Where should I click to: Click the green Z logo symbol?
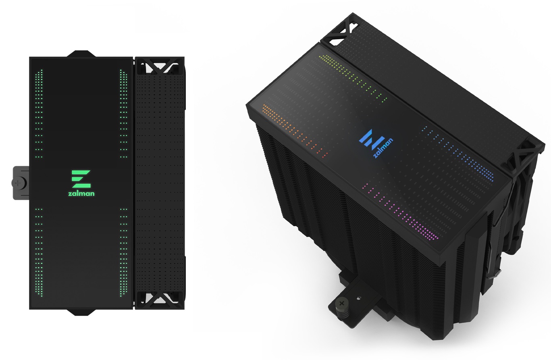point(81,179)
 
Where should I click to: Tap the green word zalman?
point(81,194)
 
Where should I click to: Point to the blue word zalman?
point(383,148)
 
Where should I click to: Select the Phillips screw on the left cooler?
point(17,183)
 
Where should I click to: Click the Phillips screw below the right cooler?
point(341,304)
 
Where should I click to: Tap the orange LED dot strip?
point(295,131)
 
